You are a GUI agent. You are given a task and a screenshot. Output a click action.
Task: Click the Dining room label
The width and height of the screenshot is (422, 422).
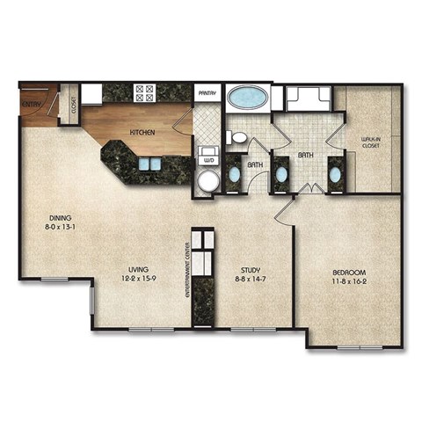click(x=61, y=218)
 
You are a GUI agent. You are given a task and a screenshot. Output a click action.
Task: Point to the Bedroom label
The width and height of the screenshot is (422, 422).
click(x=348, y=272)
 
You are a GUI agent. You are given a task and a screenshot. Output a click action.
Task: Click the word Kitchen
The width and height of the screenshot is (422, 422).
click(x=143, y=133)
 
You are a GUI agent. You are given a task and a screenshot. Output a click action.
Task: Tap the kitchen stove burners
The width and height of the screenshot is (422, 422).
click(x=143, y=92)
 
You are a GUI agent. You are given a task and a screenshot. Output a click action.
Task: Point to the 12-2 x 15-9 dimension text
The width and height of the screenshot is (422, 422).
click(x=136, y=280)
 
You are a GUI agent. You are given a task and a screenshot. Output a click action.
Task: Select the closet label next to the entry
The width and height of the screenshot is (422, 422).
click(x=73, y=107)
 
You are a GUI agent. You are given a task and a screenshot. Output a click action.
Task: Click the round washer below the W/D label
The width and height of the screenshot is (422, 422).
click(x=207, y=181)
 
